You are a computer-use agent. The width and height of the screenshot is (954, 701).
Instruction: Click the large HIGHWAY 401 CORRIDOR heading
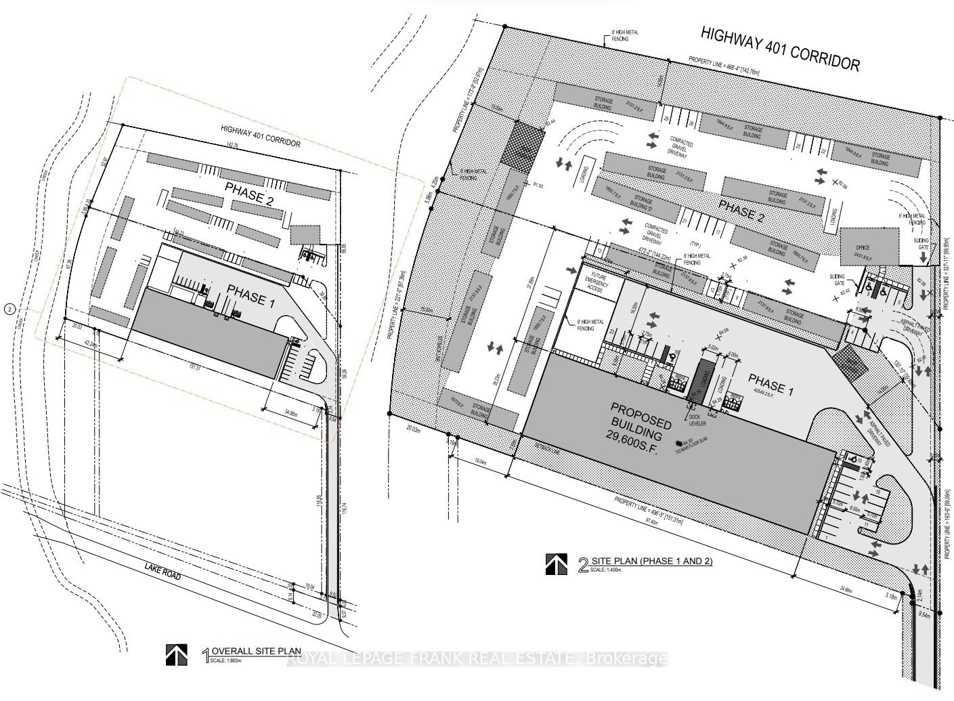(x=779, y=49)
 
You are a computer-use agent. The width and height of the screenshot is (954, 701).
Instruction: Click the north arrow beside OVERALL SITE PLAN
(x=177, y=654)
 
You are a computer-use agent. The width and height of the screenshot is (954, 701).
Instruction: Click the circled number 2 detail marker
(x=9, y=310)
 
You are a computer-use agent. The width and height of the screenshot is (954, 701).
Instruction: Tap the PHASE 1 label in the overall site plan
(x=251, y=295)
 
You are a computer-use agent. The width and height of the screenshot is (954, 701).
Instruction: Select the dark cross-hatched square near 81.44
(x=522, y=142)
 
